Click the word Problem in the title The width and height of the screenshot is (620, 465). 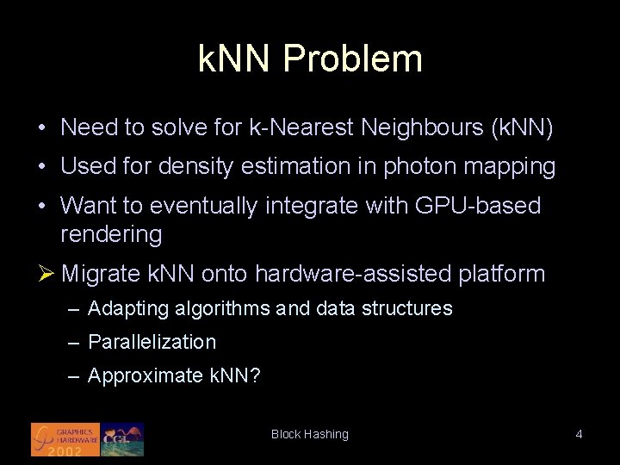[x=353, y=59]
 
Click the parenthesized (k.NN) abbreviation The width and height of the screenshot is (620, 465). [x=521, y=128]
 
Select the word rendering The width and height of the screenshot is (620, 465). [x=111, y=233]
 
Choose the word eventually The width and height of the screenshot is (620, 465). [x=204, y=206]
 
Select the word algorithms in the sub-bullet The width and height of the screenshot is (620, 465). [x=216, y=308]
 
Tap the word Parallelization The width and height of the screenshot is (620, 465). [x=152, y=342]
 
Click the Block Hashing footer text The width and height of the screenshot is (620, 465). [x=310, y=434]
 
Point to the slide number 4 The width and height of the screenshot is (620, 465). [x=579, y=434]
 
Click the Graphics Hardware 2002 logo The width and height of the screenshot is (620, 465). [x=65, y=438]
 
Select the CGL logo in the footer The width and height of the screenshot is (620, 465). [x=122, y=438]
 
